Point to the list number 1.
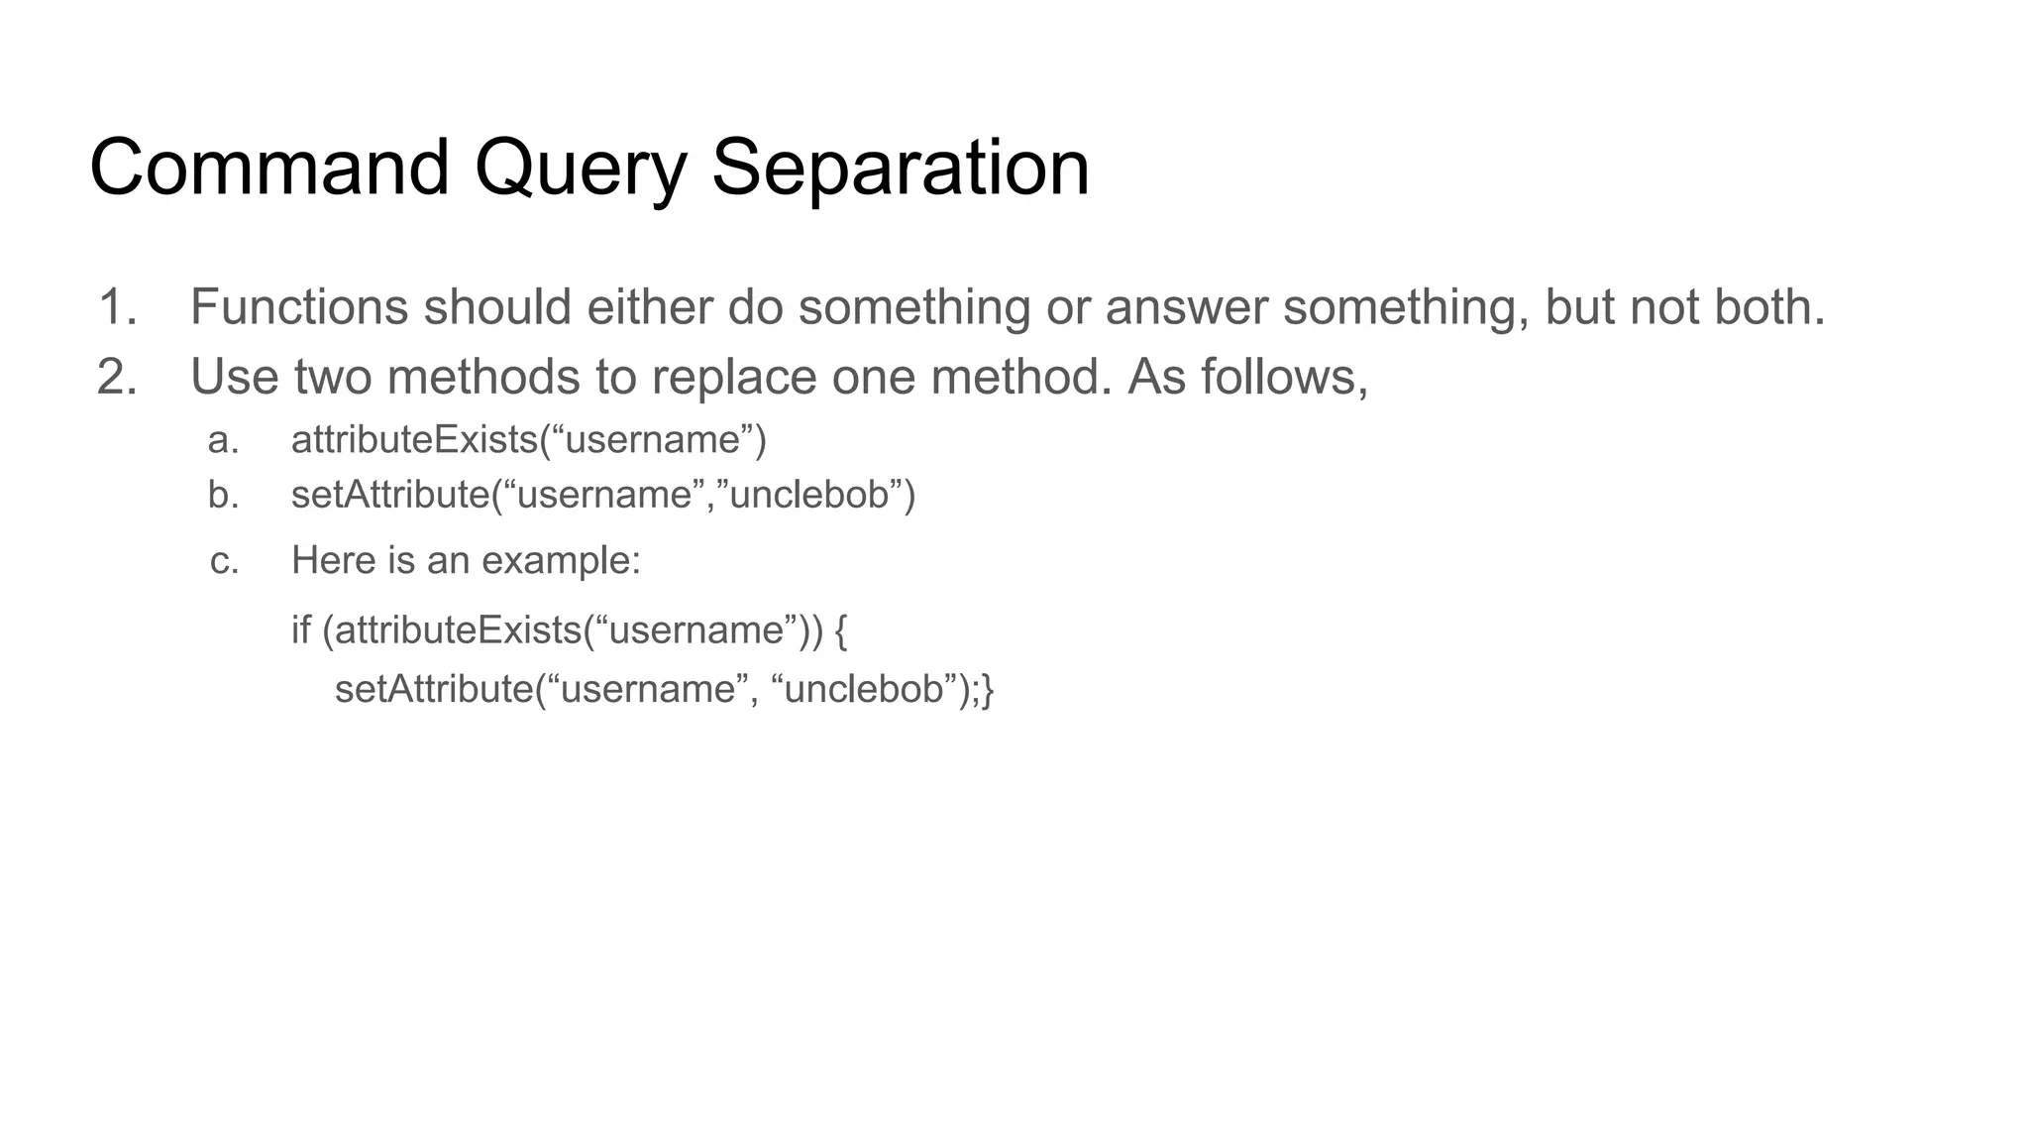click(x=117, y=307)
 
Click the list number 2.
click(x=117, y=378)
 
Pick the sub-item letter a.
click(x=224, y=440)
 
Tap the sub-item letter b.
click(x=224, y=495)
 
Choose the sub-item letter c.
click(x=224, y=561)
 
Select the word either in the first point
click(x=650, y=307)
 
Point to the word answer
click(x=1186, y=307)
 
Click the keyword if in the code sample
click(x=300, y=630)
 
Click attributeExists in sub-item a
click(x=414, y=440)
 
